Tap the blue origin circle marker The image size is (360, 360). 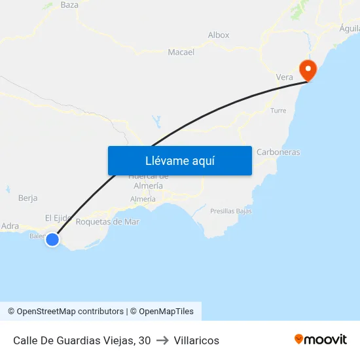point(52,240)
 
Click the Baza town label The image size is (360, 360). point(69,5)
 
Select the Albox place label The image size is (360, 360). point(219,35)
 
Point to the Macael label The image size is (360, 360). point(181,52)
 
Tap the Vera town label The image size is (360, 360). point(285,77)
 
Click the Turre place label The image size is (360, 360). point(278,111)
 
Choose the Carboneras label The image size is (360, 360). point(278,152)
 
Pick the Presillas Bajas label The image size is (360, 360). point(231,211)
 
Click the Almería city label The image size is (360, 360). point(143,199)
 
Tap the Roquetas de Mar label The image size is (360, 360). point(108,221)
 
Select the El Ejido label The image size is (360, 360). point(58,217)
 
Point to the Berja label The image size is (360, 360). point(28,198)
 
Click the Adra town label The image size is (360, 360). point(10,226)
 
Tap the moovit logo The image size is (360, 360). point(321,339)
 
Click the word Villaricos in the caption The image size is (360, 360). point(196,340)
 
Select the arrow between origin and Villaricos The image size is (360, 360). point(162,340)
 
